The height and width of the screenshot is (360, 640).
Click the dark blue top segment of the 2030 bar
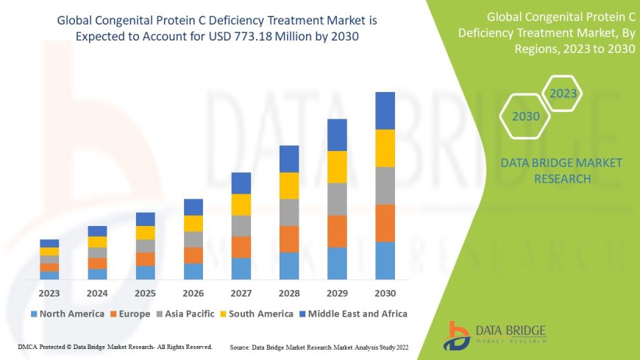pyautogui.click(x=385, y=110)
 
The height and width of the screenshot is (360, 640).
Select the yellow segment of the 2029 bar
pyautogui.click(x=337, y=166)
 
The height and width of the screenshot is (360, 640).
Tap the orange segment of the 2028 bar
pyautogui.click(x=289, y=239)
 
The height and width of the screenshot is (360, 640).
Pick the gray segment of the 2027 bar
pyautogui.click(x=241, y=225)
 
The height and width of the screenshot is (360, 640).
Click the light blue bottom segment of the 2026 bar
pyautogui.click(x=193, y=271)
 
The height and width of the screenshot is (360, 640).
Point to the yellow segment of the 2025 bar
pyautogui.click(x=146, y=233)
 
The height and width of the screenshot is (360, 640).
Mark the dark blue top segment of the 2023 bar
pyautogui.click(x=49, y=243)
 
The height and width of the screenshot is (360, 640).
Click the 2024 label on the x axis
pyautogui.click(x=97, y=293)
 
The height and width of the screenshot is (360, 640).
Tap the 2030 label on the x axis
pyautogui.click(x=385, y=293)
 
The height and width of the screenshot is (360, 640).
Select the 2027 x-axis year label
pyautogui.click(x=241, y=293)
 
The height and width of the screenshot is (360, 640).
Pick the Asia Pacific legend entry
pyautogui.click(x=192, y=314)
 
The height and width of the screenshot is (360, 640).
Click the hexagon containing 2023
pyautogui.click(x=563, y=93)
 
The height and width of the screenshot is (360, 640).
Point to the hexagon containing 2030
pyautogui.click(x=525, y=116)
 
